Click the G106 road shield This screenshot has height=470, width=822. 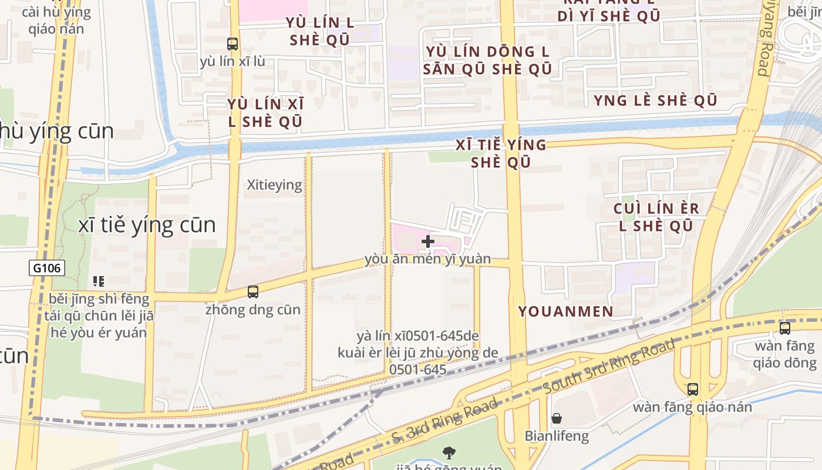pyautogui.click(x=47, y=268)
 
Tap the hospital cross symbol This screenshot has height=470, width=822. pyautogui.click(x=427, y=241)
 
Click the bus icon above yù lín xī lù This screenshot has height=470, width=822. pyautogui.click(x=233, y=43)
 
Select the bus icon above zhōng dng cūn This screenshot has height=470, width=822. pyautogui.click(x=253, y=291)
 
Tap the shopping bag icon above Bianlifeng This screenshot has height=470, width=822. pyautogui.click(x=557, y=418)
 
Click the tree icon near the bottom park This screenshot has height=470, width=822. pyautogui.click(x=449, y=452)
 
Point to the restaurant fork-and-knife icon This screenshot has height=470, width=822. pyautogui.click(x=99, y=281)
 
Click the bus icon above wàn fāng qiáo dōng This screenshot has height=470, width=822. pyautogui.click(x=785, y=328)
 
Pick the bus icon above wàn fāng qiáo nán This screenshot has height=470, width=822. pyautogui.click(x=693, y=389)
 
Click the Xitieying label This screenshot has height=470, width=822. pyautogui.click(x=274, y=185)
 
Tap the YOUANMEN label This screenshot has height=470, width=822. pyautogui.click(x=565, y=311)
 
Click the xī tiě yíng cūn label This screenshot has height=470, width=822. pyautogui.click(x=147, y=225)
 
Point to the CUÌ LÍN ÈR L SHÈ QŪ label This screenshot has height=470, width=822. pyautogui.click(x=656, y=217)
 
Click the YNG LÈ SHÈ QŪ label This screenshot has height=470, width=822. pyautogui.click(x=655, y=100)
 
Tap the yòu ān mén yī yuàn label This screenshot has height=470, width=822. pyautogui.click(x=427, y=259)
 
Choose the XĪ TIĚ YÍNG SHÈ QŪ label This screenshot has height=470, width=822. pyautogui.click(x=501, y=153)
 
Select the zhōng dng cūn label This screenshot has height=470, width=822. pyautogui.click(x=253, y=310)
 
